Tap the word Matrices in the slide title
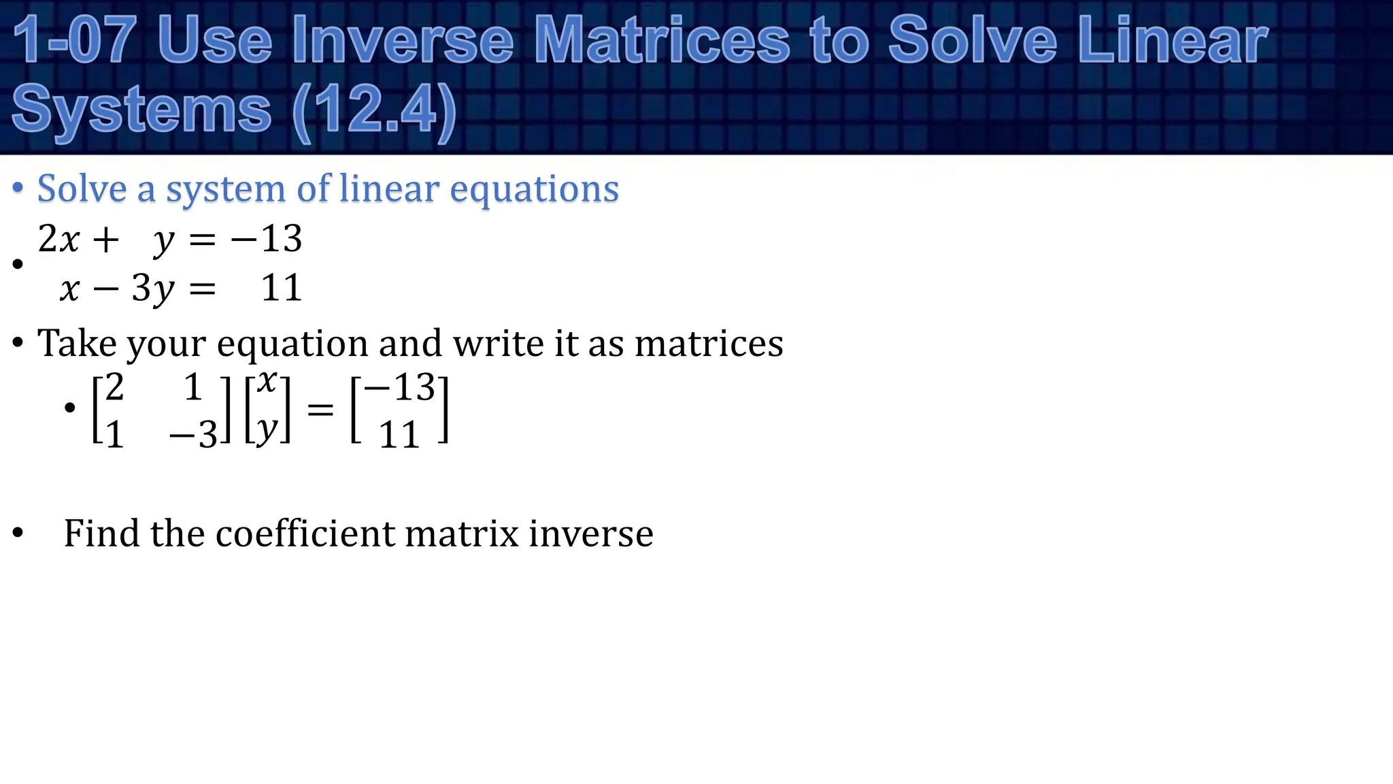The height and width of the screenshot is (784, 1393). tap(661, 41)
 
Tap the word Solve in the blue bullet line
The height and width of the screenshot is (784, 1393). tap(82, 189)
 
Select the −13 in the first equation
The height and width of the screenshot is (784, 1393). tap(266, 239)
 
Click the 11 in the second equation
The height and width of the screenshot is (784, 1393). tap(281, 288)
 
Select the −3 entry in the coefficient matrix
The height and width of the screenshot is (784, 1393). tap(193, 434)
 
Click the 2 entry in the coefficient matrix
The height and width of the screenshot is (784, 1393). tap(114, 388)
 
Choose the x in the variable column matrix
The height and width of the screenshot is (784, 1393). tap(267, 382)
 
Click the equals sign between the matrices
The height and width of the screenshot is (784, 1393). tap(320, 409)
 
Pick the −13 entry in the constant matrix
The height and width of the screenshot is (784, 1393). tap(400, 388)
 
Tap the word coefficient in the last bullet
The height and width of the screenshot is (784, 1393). tap(305, 533)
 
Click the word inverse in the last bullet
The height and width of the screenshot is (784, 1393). tap(590, 533)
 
